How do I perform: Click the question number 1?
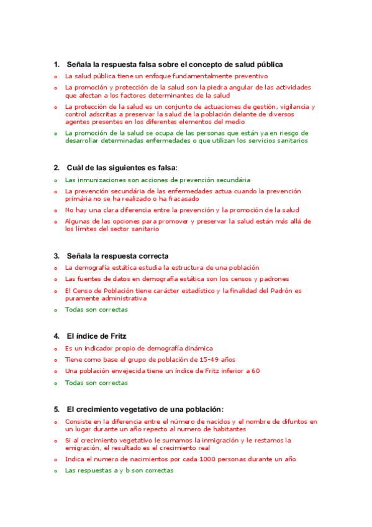pos(56,65)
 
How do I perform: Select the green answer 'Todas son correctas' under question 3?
pos(96,309)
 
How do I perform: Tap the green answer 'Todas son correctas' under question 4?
pos(96,383)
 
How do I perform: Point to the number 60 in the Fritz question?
pos(255,371)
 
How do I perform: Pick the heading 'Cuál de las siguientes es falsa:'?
pos(122,168)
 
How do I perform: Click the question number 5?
pos(56,410)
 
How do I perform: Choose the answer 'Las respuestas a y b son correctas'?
pos(119,470)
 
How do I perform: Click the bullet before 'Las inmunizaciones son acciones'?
pos(55,180)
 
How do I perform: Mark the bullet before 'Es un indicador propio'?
pos(55,349)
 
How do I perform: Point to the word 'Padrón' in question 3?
pos(281,291)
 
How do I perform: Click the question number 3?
pos(56,256)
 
